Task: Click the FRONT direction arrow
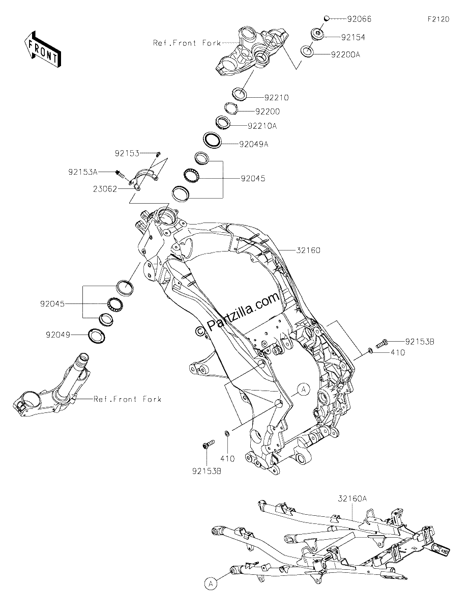coord(42,49)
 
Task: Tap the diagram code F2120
coord(438,19)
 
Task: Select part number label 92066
coord(359,19)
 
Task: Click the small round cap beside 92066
coord(327,18)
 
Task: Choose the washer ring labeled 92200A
coord(308,51)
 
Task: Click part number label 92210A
coord(262,126)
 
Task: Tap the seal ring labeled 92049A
coord(212,140)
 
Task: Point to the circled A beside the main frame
coord(303,390)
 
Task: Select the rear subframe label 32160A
coord(352,498)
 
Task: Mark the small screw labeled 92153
coord(159,154)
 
